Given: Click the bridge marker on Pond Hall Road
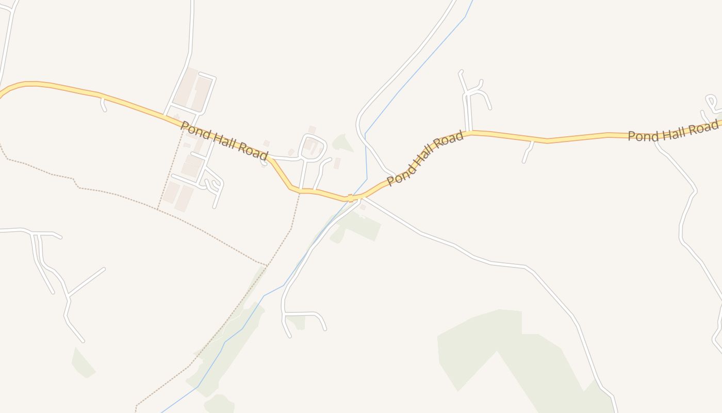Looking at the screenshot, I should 351,198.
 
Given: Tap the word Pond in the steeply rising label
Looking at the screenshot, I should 398,175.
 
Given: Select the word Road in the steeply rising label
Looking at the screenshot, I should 451,140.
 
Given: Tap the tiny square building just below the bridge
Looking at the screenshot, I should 363,207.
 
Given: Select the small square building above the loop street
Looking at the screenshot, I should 311,129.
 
